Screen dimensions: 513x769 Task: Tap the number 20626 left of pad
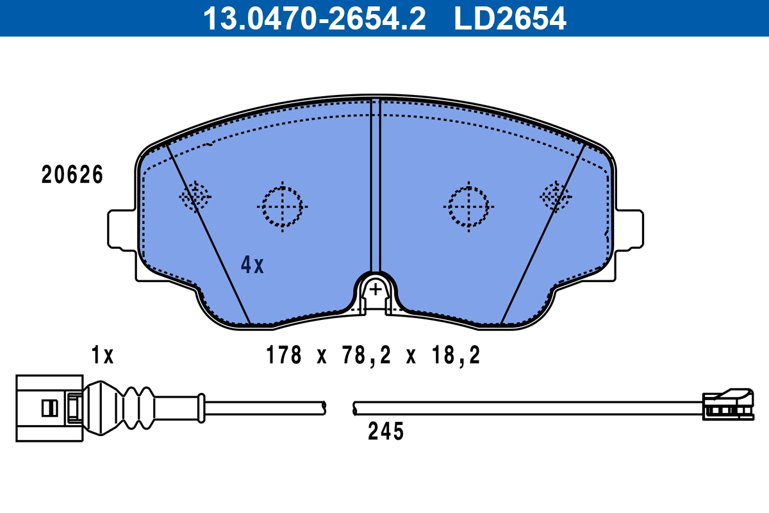(72, 175)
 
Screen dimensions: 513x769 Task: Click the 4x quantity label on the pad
(252, 264)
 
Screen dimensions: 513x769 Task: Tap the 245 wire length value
(386, 432)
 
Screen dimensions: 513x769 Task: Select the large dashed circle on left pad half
(282, 206)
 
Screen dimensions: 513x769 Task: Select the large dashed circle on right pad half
(468, 206)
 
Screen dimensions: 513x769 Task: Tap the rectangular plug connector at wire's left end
(49, 408)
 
